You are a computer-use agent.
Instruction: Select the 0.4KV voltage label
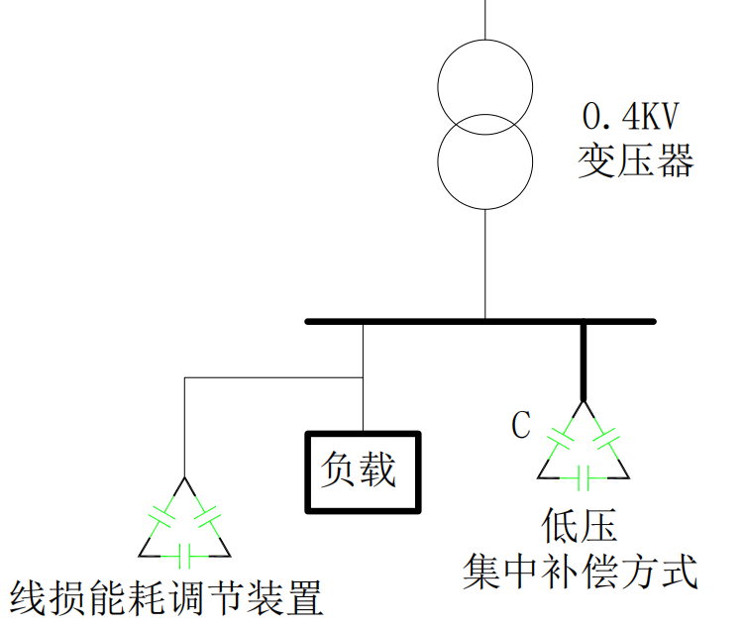pos(631,118)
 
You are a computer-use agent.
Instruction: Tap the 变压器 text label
pos(635,160)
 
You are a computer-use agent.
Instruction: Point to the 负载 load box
pos(362,470)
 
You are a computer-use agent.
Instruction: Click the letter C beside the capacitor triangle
pos(521,426)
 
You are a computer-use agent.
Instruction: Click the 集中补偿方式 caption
pos(581,572)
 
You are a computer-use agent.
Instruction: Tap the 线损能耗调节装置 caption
pos(166,597)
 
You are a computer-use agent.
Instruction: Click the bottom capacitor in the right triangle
pos(583,477)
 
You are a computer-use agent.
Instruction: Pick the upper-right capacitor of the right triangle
pos(605,438)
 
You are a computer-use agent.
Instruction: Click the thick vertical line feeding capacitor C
pos(583,362)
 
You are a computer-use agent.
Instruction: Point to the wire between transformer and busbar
pos(484,264)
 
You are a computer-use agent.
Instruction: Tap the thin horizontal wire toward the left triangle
pos(272,377)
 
